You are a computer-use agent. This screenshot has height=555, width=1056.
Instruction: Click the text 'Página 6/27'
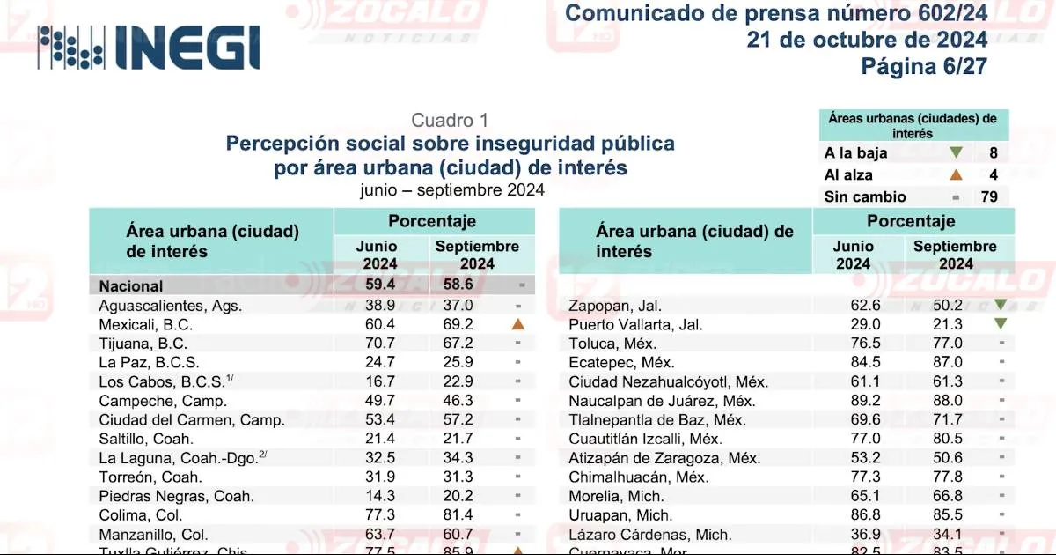coord(924,66)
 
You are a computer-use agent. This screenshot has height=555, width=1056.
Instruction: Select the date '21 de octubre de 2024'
coord(867,40)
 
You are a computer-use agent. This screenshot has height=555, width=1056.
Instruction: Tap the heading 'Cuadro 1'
coord(450,121)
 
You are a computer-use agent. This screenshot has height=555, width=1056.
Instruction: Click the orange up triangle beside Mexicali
coord(518,324)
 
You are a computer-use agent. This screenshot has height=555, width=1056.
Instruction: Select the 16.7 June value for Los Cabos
coord(379,381)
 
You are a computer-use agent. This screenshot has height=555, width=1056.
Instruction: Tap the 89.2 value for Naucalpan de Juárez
coord(853,400)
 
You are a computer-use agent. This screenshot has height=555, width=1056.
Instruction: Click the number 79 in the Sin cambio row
coord(989,196)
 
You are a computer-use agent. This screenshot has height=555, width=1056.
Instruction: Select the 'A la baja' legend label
coord(855,152)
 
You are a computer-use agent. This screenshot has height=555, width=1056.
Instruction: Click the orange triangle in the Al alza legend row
coord(956,174)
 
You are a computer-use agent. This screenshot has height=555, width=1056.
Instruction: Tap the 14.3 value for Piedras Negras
coord(379,496)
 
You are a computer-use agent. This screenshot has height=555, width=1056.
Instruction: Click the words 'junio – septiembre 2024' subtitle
coord(451,189)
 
